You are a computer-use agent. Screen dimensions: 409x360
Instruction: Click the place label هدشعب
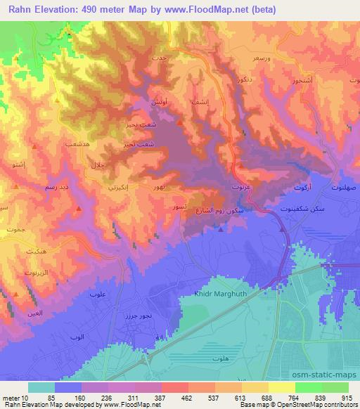tap(75, 143)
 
